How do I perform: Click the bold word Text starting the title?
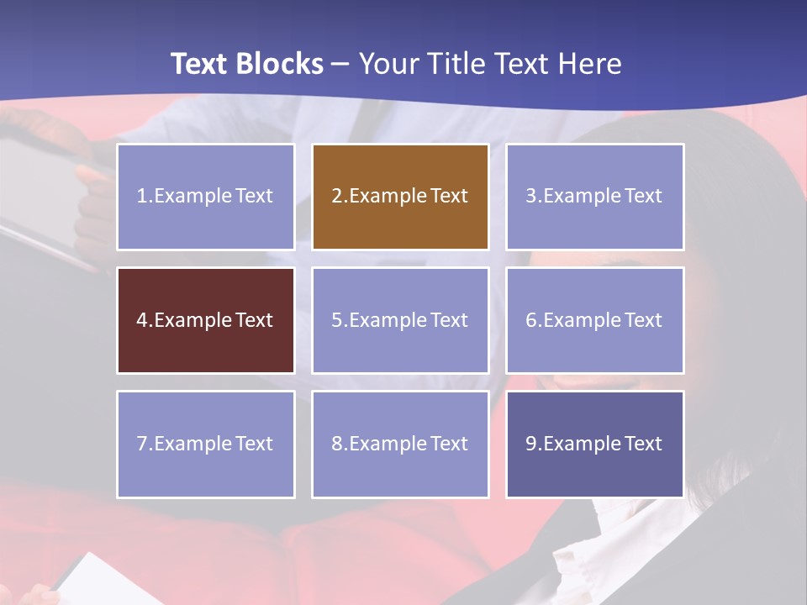tap(201, 64)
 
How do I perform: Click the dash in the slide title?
tap(341, 65)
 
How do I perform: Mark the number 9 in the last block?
tap(531, 444)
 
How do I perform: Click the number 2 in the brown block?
tap(337, 196)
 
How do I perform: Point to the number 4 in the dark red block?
tap(142, 320)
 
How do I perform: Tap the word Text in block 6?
tap(643, 320)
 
